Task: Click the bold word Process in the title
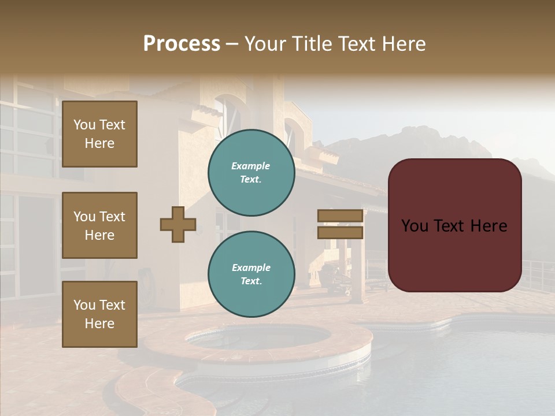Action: pos(182,44)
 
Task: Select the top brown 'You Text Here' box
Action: pos(99,134)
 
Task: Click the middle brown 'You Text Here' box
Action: pos(99,225)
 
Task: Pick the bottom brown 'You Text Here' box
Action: pos(99,314)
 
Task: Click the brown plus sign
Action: pos(178,224)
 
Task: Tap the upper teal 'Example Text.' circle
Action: pos(251,173)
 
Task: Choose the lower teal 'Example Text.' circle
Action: pos(251,274)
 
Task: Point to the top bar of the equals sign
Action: pos(341,216)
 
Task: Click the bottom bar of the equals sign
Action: pos(341,233)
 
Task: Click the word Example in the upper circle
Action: pos(251,166)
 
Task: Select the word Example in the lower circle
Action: pos(251,268)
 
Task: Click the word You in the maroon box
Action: pos(415,226)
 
